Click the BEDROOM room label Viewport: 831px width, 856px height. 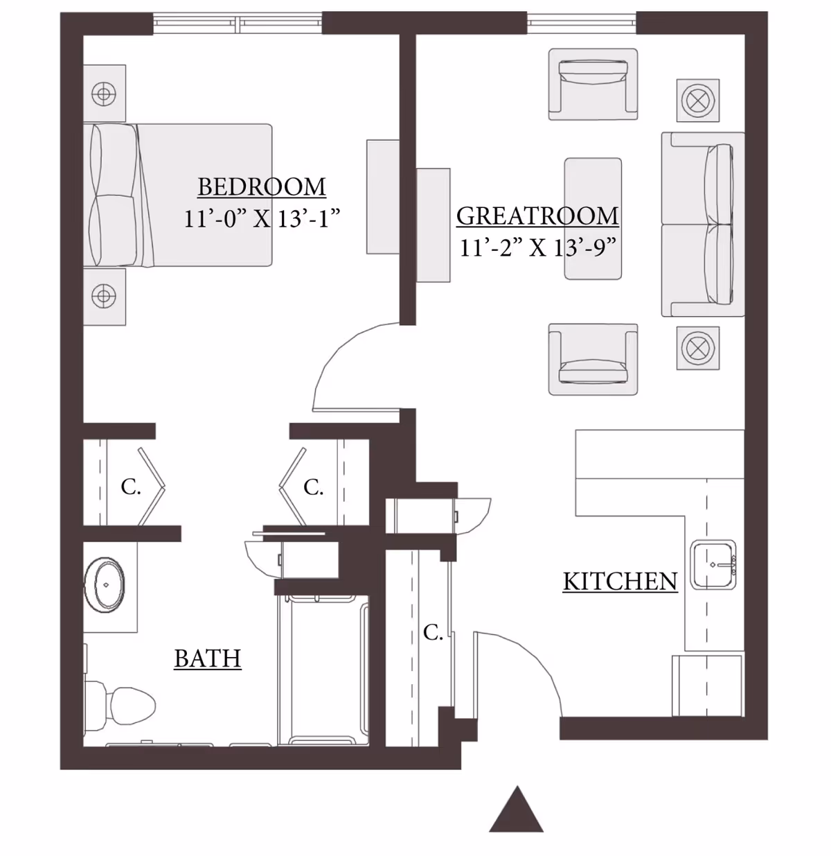[262, 187]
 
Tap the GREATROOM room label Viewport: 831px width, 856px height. [537, 216]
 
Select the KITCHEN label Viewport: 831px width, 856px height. [620, 581]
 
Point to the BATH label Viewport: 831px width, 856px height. [207, 658]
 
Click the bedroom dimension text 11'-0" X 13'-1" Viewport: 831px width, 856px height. [262, 219]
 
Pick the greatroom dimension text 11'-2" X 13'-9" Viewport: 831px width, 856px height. [537, 247]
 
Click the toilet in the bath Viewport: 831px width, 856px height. [121, 703]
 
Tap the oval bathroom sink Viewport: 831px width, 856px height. [105, 584]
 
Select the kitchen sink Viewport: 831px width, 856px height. [714, 565]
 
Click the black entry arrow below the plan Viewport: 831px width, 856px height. [517, 811]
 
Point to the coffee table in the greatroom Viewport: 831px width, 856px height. [593, 219]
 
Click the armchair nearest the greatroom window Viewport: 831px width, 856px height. [593, 83]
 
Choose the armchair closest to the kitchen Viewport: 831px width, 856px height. [593, 359]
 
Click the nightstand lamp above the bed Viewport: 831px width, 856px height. [104, 94]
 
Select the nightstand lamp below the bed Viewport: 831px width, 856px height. [104, 297]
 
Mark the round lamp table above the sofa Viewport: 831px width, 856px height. [698, 101]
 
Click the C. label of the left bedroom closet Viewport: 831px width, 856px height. [131, 487]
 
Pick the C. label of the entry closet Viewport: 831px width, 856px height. [433, 632]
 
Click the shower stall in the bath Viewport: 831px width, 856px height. [323, 669]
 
